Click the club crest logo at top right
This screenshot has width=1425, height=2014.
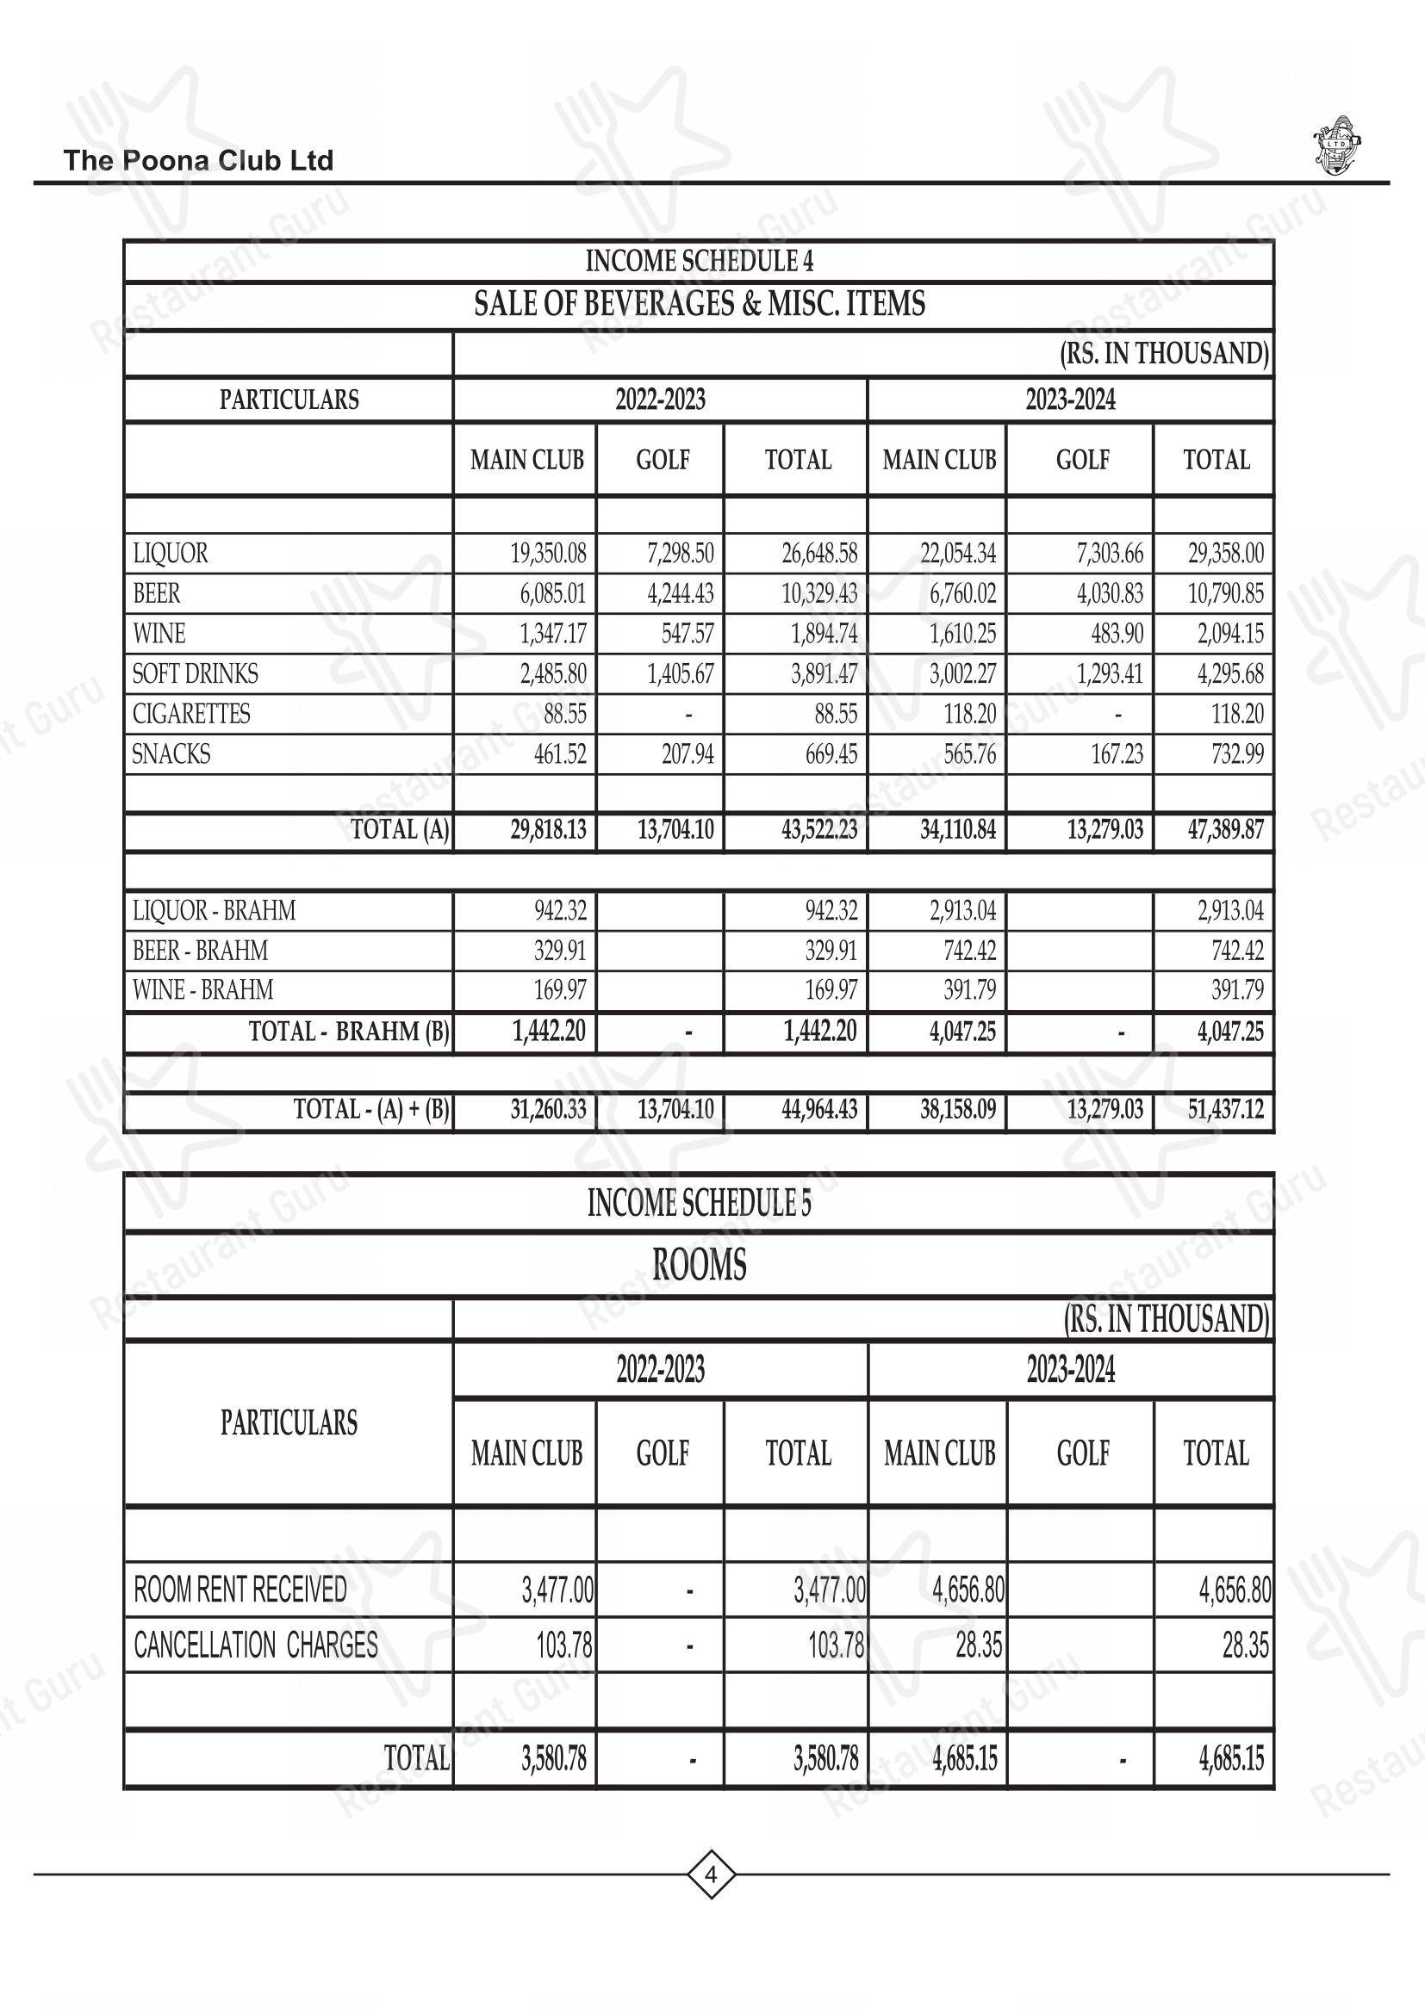tap(1335, 145)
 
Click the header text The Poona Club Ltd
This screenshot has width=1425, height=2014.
tap(198, 160)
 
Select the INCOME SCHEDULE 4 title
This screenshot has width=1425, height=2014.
tap(699, 262)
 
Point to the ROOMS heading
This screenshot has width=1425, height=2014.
tap(699, 1265)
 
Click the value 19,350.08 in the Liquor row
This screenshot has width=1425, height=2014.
tap(549, 554)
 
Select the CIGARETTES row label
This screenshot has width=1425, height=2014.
tap(191, 714)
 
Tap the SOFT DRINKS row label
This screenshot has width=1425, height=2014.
tap(195, 673)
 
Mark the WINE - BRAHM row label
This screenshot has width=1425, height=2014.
tap(202, 990)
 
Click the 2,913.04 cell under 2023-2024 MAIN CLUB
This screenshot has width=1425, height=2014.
tap(962, 910)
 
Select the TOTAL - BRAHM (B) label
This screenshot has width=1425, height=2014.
tap(348, 1032)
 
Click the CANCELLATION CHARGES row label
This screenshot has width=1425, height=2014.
tap(255, 1645)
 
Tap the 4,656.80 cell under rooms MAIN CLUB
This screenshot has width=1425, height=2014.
tap(968, 1590)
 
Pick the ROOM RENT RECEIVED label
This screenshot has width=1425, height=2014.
tap(240, 1590)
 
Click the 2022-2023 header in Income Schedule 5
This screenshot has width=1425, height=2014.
tap(660, 1369)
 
